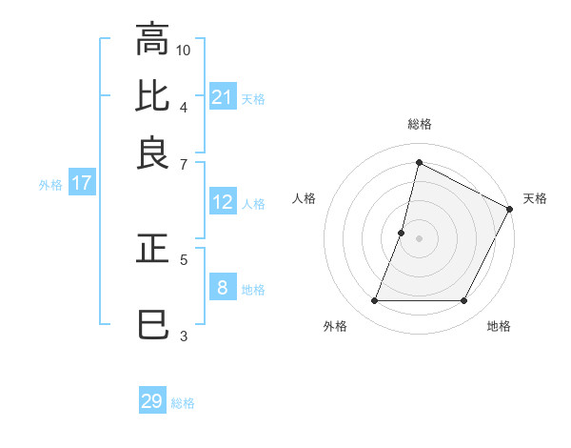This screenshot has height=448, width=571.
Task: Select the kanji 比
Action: (x=152, y=96)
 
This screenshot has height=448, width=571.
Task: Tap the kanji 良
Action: (x=152, y=153)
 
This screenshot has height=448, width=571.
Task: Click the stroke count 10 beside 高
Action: (x=184, y=49)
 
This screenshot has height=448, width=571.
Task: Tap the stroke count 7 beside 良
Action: (x=184, y=163)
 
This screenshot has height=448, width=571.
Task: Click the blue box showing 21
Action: (x=222, y=97)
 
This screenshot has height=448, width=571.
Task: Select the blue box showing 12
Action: (x=222, y=202)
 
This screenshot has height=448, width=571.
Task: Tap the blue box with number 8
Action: (x=222, y=288)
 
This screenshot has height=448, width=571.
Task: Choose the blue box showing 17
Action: (x=81, y=184)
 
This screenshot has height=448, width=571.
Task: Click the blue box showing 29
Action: (x=152, y=401)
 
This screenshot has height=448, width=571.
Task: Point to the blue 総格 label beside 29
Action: (x=183, y=403)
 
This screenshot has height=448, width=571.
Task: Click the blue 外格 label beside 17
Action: (x=50, y=185)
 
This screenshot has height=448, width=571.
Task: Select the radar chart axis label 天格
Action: (x=535, y=198)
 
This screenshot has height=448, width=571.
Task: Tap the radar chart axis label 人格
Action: (x=305, y=198)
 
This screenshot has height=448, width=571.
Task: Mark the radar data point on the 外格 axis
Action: (x=374, y=301)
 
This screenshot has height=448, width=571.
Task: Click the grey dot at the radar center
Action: (x=419, y=237)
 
